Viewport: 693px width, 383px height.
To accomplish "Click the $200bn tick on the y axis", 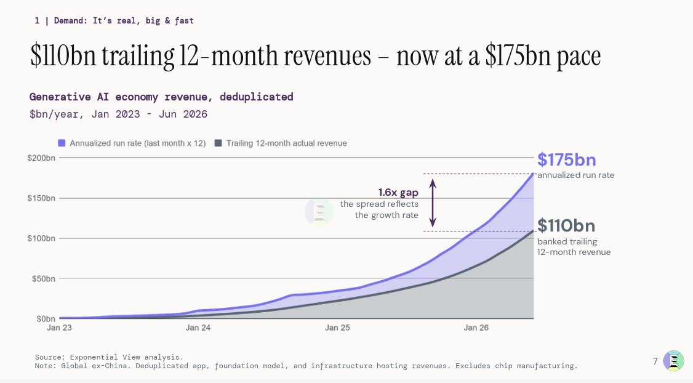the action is [x=41, y=158].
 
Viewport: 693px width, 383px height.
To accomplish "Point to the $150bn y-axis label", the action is [x=41, y=198].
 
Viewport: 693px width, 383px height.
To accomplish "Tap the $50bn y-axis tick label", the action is [x=43, y=278].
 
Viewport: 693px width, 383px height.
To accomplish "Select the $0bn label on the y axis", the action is [x=46, y=319].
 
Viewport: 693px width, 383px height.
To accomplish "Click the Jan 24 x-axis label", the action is [x=198, y=328].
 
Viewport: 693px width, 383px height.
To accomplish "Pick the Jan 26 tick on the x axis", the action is [x=476, y=328].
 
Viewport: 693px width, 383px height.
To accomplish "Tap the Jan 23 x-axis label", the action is [x=59, y=328].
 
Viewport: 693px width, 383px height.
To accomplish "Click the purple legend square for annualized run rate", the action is [x=62, y=143].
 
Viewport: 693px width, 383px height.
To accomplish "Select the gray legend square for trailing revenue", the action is [x=218, y=143].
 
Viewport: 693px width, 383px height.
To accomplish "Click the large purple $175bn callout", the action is [x=567, y=159].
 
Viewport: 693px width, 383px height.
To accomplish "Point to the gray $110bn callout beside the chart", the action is [x=566, y=225].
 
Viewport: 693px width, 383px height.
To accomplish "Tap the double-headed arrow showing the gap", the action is [x=433, y=203].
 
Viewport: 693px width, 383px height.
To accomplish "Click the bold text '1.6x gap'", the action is [x=398, y=192].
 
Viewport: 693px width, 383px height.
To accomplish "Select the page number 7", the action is [x=655, y=361].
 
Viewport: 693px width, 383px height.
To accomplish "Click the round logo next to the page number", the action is [x=673, y=361].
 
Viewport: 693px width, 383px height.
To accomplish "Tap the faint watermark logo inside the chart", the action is [x=319, y=212].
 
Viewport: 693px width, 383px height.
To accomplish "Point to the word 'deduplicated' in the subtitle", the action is [x=257, y=97].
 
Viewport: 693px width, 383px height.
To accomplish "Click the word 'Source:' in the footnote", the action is [x=50, y=357].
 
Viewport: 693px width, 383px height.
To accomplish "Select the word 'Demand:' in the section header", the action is [x=71, y=20].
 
